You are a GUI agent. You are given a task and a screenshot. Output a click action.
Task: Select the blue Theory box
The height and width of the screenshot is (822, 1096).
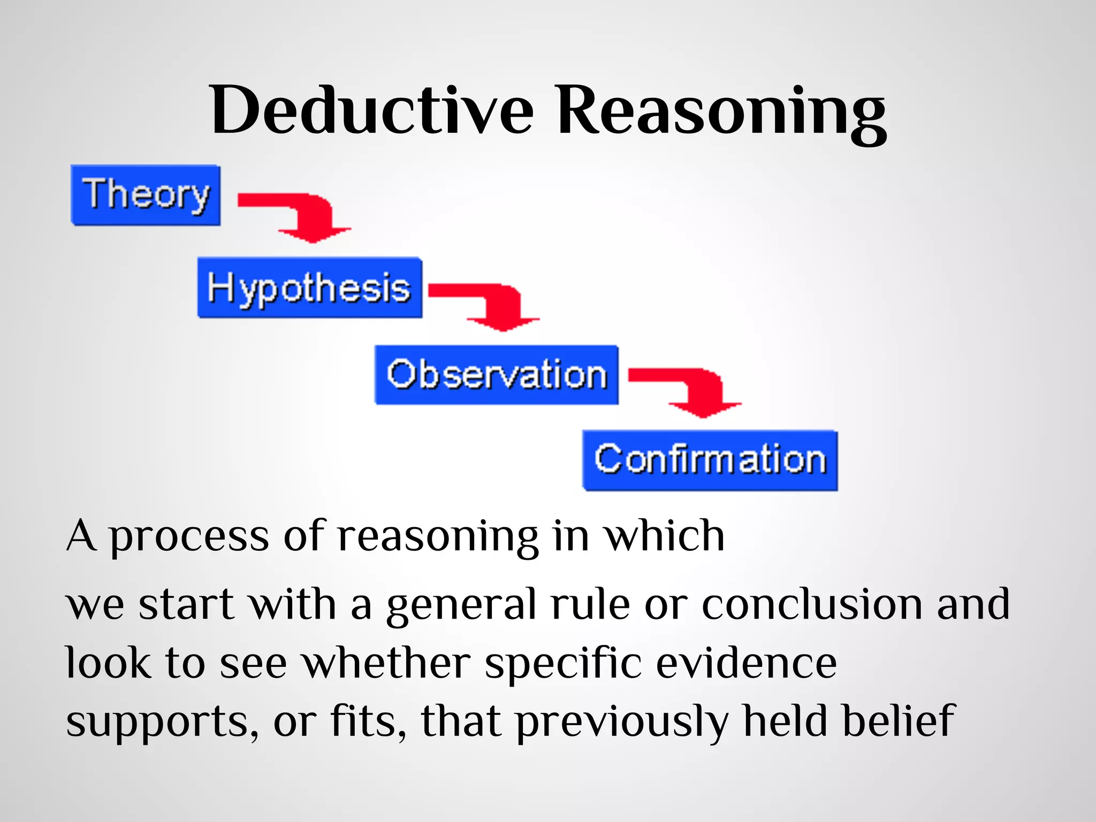(146, 195)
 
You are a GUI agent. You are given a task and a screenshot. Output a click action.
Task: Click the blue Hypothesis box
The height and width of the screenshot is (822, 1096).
(309, 288)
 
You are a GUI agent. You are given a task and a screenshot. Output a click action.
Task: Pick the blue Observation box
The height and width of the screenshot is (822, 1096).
(497, 375)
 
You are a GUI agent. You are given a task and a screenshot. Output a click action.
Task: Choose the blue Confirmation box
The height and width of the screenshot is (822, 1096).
(710, 460)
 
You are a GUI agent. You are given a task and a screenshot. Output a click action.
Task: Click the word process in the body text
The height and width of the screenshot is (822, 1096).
(189, 537)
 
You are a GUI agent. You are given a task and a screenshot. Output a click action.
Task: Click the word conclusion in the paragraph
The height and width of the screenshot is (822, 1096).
(811, 604)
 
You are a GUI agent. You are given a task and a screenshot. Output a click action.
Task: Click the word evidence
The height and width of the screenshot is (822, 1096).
(747, 663)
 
